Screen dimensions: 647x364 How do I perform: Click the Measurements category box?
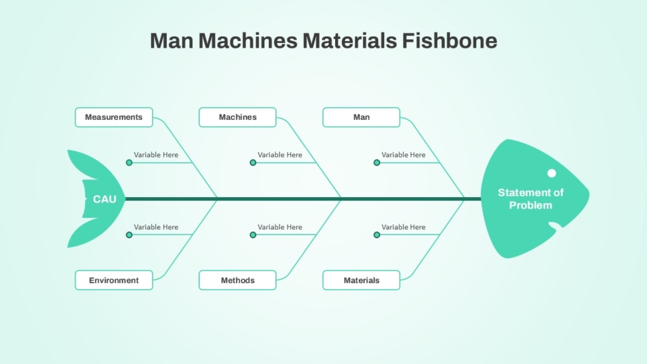point(114,117)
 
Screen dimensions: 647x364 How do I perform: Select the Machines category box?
point(238,117)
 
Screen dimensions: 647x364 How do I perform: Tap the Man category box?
point(362,117)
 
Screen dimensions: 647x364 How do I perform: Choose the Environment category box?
point(114,280)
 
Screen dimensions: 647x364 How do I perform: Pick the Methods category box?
point(238,280)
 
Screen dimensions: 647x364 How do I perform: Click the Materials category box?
point(362,280)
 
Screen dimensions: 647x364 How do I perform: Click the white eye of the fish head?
point(552,173)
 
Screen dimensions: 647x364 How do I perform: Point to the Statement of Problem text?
point(531,199)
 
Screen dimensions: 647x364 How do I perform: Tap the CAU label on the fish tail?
point(104,199)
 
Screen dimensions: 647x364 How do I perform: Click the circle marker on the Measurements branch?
point(129,163)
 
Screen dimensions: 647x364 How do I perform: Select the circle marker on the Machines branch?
point(253,163)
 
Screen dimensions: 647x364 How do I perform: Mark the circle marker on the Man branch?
point(377,163)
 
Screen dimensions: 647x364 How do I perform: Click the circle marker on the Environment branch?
point(129,235)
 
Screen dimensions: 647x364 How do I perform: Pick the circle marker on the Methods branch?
point(253,235)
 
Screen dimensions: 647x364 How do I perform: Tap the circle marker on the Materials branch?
point(377,235)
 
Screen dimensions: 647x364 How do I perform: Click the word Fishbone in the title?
point(449,41)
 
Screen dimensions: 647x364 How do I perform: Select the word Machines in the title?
point(248,41)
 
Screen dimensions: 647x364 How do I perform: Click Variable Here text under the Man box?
point(404,155)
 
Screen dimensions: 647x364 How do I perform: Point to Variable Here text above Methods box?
point(280,227)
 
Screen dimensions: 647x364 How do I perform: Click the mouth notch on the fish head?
point(556,225)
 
